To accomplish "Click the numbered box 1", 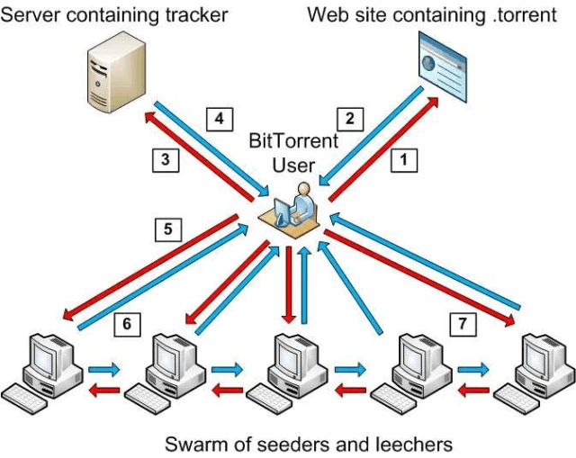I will [404, 160].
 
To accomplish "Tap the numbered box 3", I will [164, 160].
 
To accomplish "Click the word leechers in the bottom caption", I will [408, 444].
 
